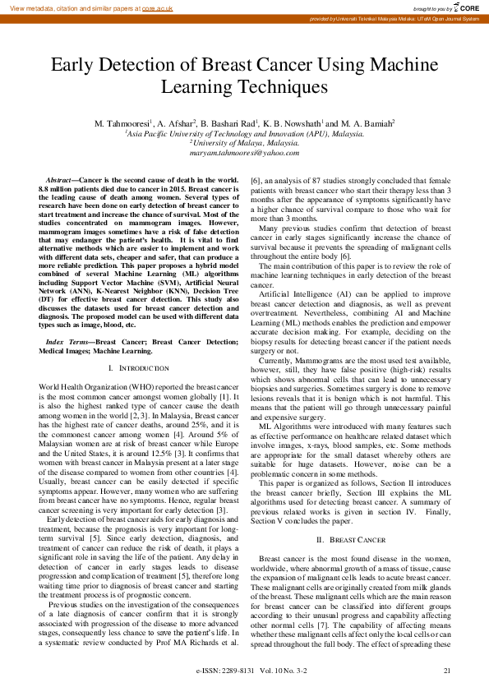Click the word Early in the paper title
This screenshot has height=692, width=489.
click(x=77, y=65)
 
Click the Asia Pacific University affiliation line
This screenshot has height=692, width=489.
click(x=244, y=133)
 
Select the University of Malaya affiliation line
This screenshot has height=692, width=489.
click(x=244, y=142)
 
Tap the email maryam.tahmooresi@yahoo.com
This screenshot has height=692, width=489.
click(x=244, y=153)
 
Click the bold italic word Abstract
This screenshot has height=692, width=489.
click(x=59, y=179)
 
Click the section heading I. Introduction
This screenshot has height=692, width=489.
click(x=144, y=367)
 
